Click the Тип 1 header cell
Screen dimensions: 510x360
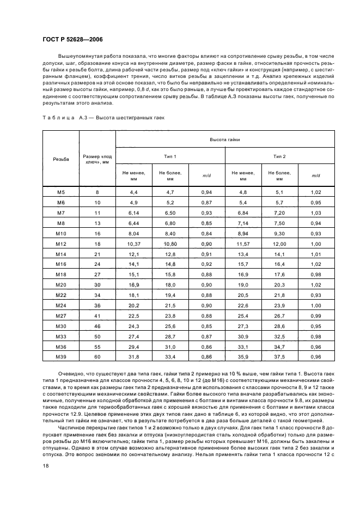pyautogui.click(x=170, y=156)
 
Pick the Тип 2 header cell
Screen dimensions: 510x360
pyautogui.click(x=279, y=156)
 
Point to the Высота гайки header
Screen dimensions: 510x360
pyautogui.click(x=225, y=140)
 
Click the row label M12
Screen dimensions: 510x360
pyautogui.click(x=61, y=244)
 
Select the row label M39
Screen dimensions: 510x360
pyautogui.click(x=61, y=356)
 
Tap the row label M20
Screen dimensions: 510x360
pyautogui.click(x=61, y=284)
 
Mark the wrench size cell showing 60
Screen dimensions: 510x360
pyautogui.click(x=97, y=356)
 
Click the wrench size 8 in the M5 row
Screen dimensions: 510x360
pyautogui.click(x=97, y=192)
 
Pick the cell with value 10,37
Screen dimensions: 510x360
pyautogui.click(x=134, y=244)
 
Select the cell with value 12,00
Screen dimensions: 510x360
pyautogui.click(x=279, y=244)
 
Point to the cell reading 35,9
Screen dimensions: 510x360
pyautogui.click(x=243, y=356)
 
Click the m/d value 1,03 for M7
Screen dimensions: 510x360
pyautogui.click(x=316, y=212)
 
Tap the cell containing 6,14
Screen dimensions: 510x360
pyautogui.click(x=134, y=212)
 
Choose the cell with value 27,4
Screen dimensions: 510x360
pyautogui.click(x=134, y=336)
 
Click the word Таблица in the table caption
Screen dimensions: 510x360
pyautogui.click(x=58, y=117)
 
